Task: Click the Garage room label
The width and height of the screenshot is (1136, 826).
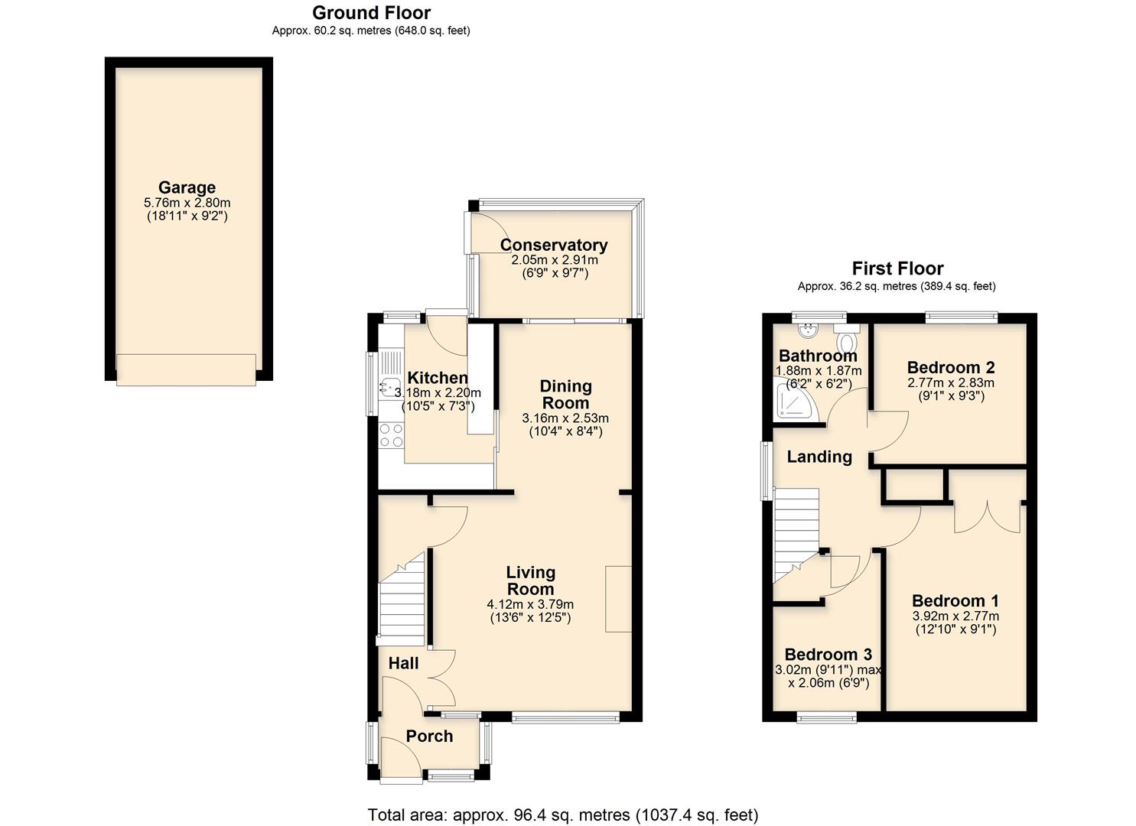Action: pos(187,187)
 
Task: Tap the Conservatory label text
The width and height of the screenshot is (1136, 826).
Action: pos(554,245)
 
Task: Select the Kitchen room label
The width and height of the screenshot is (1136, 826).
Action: pos(438,377)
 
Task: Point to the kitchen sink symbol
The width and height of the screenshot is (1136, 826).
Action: pos(389,389)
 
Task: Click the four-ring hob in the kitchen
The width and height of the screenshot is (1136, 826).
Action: pos(392,436)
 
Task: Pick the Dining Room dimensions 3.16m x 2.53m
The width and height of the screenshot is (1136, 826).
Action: pos(565,418)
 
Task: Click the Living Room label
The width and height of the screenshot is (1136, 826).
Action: pos(530,580)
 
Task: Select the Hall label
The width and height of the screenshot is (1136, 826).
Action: pos(403,663)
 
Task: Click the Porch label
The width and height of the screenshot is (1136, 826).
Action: pos(429,736)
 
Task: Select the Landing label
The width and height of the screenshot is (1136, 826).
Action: pos(819,457)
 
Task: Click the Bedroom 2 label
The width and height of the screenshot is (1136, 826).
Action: pos(951,367)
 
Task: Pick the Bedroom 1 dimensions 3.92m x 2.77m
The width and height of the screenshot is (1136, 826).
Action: pos(955,616)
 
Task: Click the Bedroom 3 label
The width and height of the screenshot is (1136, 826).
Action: pos(828,654)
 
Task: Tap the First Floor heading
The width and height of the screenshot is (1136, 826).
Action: pos(897,268)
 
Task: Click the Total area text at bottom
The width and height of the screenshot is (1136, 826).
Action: pos(563,815)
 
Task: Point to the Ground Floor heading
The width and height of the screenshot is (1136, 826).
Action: pos(371,13)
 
